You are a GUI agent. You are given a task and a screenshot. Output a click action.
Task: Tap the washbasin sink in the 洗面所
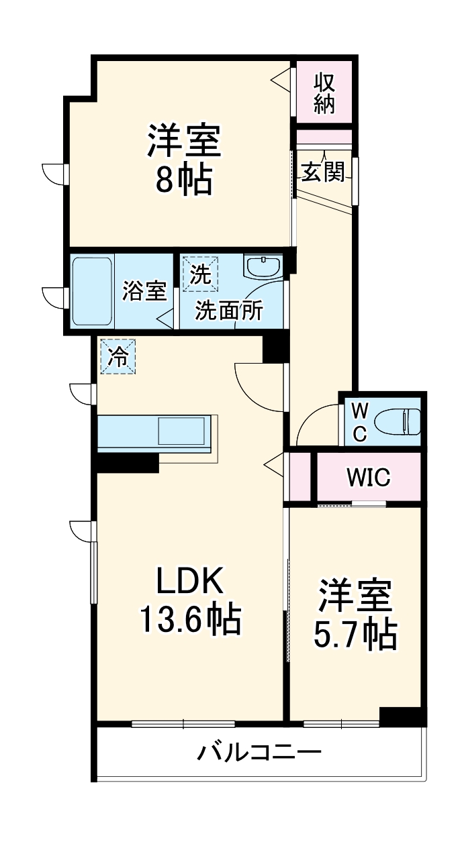pos(264,267)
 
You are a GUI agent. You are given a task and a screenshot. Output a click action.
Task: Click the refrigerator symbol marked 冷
pos(118,356)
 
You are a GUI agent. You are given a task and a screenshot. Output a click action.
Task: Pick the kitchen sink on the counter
pos(181,431)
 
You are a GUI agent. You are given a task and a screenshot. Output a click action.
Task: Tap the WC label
pos(360,422)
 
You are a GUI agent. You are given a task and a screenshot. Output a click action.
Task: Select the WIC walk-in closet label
pos(369,477)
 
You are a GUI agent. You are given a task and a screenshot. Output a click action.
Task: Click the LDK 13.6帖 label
pos(189,600)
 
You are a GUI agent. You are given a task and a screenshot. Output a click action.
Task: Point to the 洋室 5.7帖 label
pos(355,614)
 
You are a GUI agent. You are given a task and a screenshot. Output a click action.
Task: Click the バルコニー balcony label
pos(259,752)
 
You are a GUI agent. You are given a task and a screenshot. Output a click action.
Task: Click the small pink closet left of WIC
pos(299,477)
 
